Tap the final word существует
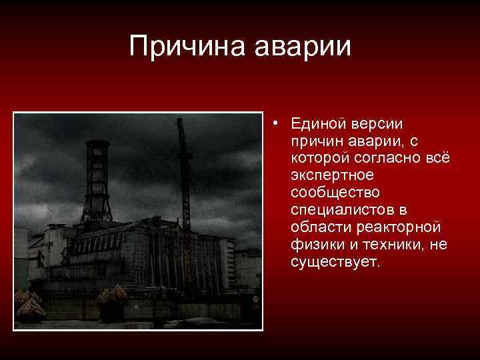(x=334, y=263)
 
